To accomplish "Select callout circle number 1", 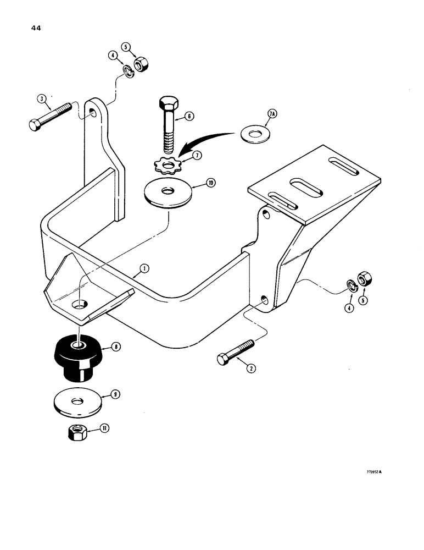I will point(143,268).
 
